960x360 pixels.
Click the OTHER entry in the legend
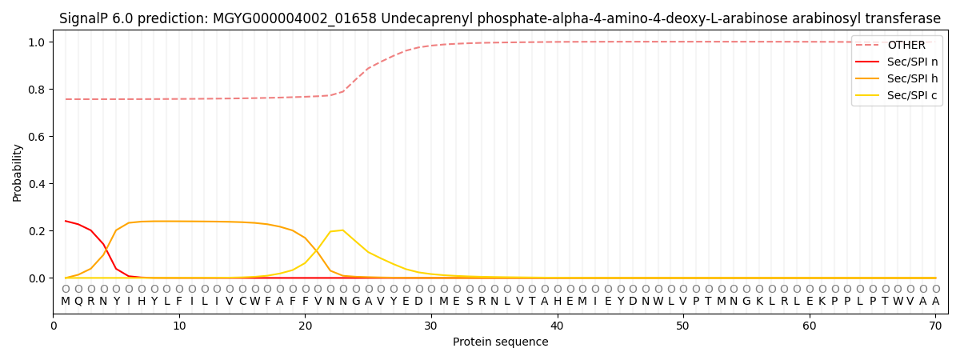point(906,46)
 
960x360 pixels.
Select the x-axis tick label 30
point(430,326)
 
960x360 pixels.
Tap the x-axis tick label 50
point(682,326)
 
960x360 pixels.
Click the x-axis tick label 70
point(934,326)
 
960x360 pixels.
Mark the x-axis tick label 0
point(54,326)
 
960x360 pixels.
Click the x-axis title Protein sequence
point(501,342)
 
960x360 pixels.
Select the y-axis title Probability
point(18,173)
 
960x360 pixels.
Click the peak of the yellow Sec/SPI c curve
point(342,230)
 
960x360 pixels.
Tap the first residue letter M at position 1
point(66,302)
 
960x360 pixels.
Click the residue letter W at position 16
point(254,302)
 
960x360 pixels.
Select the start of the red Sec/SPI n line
point(66,221)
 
